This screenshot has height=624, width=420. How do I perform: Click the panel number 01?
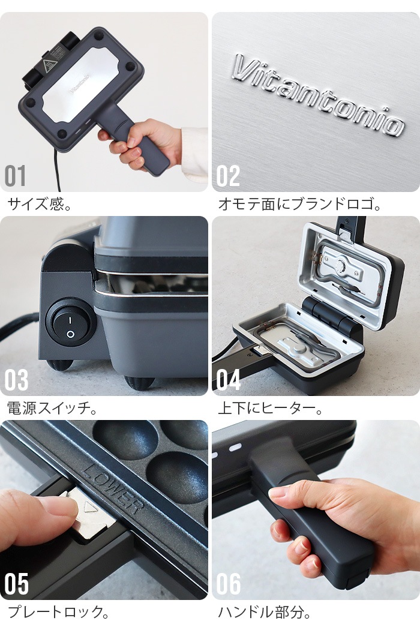(x=16, y=176)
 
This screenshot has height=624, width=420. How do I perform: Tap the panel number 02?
(x=228, y=176)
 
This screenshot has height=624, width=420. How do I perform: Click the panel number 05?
(x=16, y=584)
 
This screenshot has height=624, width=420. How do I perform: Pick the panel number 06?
(x=229, y=584)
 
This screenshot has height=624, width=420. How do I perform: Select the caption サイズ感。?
(x=40, y=205)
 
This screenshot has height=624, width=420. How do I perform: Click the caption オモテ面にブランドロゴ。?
(x=299, y=205)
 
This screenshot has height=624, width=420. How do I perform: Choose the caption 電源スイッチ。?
(x=52, y=409)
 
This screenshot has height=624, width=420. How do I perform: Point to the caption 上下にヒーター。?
(x=270, y=409)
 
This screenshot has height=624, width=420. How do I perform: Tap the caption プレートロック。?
(x=58, y=613)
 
